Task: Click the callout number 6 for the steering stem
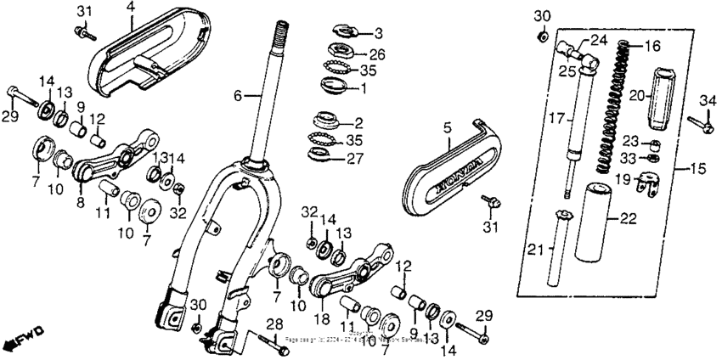239,97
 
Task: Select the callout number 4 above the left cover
130,8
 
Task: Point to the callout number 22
627,219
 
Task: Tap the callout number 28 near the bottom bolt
274,324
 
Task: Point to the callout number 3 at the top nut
379,33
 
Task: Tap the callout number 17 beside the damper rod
550,120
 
